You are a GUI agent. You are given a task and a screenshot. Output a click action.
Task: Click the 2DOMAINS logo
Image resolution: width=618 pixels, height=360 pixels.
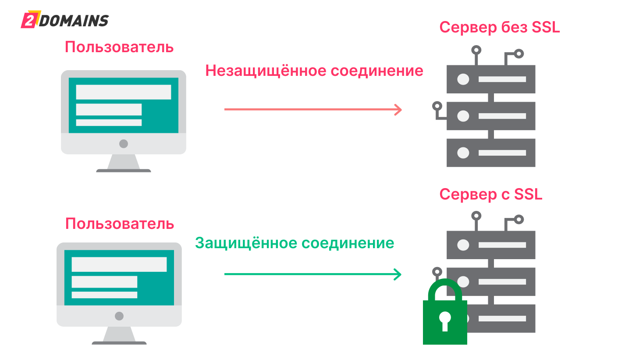[65, 21]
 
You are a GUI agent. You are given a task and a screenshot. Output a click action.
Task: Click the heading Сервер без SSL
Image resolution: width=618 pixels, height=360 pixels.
[500, 27]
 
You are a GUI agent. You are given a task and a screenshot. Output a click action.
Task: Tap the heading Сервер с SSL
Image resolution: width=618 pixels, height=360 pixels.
[491, 193]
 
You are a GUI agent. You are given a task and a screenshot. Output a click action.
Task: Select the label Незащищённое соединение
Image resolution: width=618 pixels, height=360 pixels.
[314, 71]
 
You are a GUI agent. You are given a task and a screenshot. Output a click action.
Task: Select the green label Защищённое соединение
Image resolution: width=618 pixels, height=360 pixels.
[294, 242]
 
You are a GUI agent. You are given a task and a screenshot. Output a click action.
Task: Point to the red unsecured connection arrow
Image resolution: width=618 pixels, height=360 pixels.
[313, 109]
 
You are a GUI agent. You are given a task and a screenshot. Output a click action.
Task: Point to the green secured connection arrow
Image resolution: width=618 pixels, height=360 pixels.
[313, 274]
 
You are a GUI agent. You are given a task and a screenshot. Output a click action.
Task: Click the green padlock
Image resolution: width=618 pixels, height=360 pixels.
[444, 316]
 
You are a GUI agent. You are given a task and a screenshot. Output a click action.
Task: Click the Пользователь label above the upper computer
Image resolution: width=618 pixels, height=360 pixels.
[119, 47]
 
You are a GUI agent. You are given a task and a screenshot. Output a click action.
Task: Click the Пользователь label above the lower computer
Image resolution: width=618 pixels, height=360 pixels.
[120, 224]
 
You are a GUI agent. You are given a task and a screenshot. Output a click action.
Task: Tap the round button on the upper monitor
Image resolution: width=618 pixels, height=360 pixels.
[124, 143]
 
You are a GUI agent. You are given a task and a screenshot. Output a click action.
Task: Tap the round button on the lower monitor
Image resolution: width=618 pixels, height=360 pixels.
[119, 316]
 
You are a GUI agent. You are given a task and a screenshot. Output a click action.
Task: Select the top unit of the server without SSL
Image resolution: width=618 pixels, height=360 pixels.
[491, 79]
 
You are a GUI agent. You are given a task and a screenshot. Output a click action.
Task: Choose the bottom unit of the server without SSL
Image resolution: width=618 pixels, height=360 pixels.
[491, 153]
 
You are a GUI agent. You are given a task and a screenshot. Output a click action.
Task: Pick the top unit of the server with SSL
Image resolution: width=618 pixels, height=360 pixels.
[491, 245]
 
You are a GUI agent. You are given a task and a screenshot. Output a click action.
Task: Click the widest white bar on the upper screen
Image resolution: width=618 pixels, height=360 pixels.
[123, 92]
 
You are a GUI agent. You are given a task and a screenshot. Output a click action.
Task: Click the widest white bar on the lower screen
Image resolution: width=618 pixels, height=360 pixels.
[119, 264]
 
